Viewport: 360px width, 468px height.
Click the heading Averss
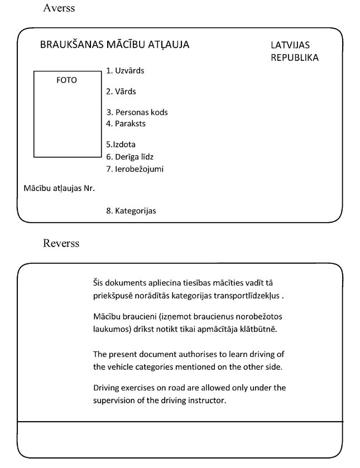click(59, 8)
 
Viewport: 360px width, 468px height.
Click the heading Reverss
click(61, 243)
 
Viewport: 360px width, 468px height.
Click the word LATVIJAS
click(290, 45)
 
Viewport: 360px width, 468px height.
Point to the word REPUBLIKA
click(295, 57)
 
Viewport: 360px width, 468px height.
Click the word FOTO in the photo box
click(66, 80)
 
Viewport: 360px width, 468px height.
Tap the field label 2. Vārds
click(121, 91)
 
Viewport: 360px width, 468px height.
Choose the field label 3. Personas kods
click(137, 112)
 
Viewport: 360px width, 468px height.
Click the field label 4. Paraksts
click(126, 123)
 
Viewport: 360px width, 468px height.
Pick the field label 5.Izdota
click(121, 144)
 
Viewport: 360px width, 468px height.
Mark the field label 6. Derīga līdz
click(129, 157)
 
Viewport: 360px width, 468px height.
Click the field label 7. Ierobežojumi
click(135, 169)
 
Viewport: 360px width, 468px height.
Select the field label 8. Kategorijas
click(131, 211)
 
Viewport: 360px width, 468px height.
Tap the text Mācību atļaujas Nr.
click(59, 188)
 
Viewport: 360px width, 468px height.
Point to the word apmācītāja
click(220, 329)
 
